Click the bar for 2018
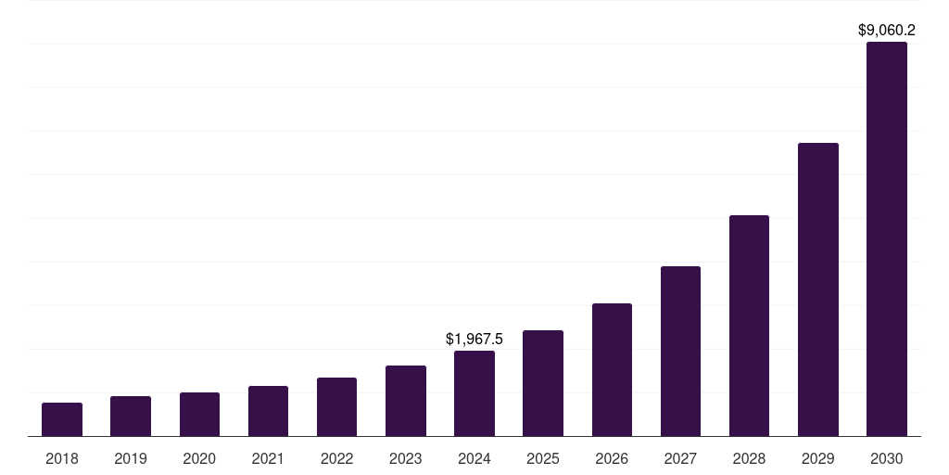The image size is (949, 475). [x=62, y=419]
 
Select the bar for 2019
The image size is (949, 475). [x=131, y=416]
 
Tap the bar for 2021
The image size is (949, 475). [x=268, y=411]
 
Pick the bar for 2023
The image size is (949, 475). [x=406, y=401]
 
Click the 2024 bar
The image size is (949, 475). [x=474, y=393]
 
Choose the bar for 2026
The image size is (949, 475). [x=612, y=369]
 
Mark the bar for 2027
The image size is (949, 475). [x=680, y=351]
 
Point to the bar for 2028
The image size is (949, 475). [x=749, y=326]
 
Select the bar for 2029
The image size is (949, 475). [x=818, y=289]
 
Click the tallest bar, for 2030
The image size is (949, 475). [x=887, y=238]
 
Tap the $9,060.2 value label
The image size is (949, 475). [x=887, y=31]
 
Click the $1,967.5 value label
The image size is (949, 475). [x=474, y=340]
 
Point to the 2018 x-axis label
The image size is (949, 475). [x=62, y=458]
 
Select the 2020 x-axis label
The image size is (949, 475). [x=199, y=458]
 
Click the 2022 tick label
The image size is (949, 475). [x=336, y=458]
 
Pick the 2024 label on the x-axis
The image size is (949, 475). [x=474, y=458]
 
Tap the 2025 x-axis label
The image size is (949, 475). [x=543, y=458]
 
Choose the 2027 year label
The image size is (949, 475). [x=680, y=458]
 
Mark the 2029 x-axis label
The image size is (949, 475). [x=818, y=458]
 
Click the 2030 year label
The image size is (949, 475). [x=887, y=458]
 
